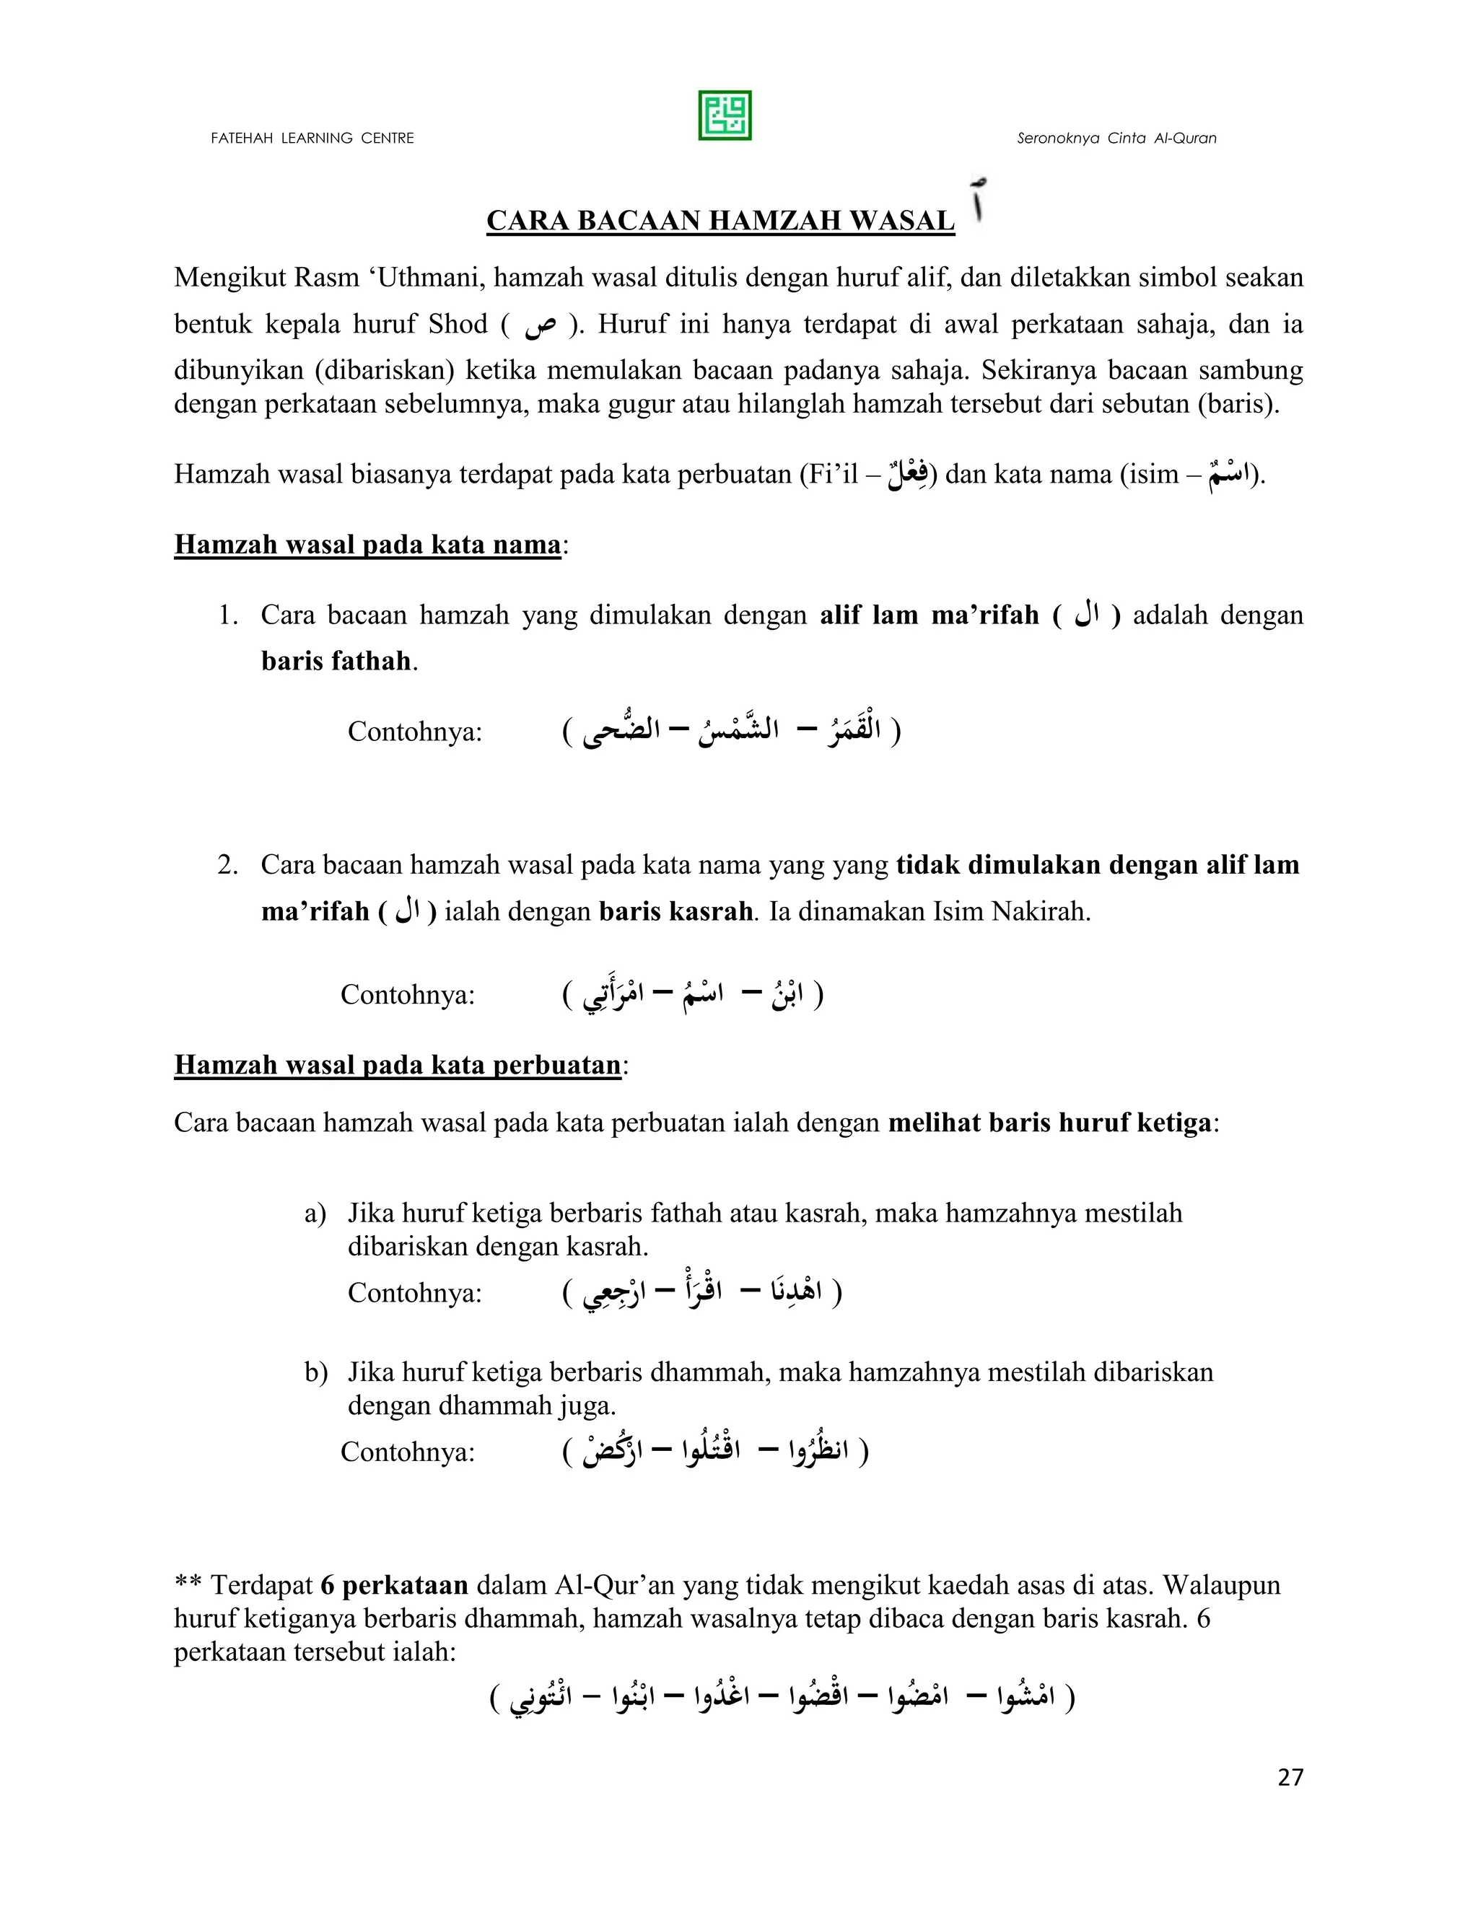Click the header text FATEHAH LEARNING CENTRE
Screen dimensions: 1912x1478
point(312,139)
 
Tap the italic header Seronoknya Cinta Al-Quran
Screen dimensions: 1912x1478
point(1116,139)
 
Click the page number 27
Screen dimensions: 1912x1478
point(1290,1777)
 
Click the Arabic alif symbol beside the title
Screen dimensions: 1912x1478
point(978,204)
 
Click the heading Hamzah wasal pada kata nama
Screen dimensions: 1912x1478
point(368,545)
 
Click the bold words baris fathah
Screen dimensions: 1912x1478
point(336,661)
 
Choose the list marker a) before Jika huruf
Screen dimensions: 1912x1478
point(315,1214)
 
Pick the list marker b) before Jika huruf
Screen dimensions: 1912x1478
point(315,1372)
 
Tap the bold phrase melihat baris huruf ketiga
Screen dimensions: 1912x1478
point(1049,1123)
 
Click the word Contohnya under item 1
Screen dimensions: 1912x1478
point(415,731)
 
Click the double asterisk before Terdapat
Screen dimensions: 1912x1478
point(188,1585)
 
